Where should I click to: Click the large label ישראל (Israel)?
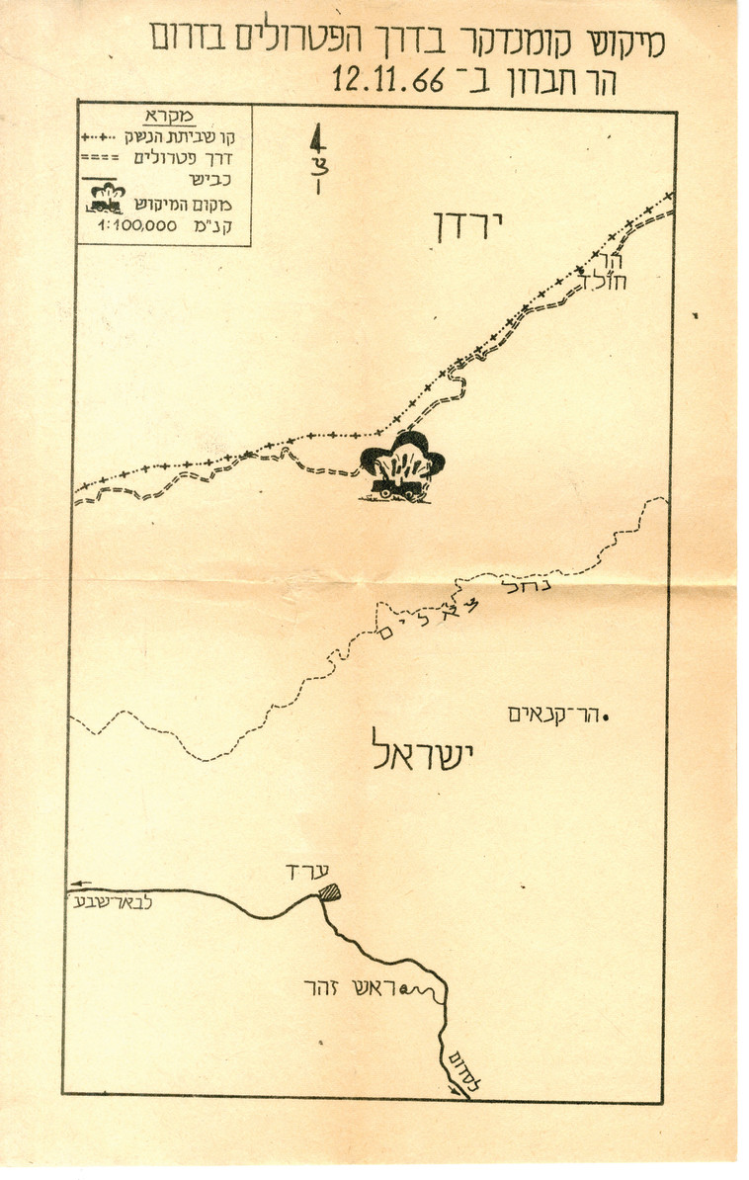coord(419,754)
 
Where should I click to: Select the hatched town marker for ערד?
coord(328,892)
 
